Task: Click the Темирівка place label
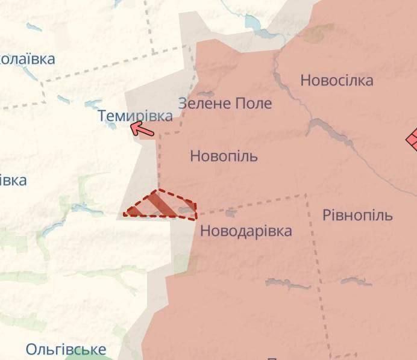[135, 116]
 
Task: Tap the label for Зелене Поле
[225, 103]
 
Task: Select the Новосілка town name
[336, 80]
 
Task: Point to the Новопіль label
[224, 157]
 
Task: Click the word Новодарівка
[246, 230]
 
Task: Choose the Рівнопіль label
[357, 215]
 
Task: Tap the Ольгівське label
[66, 349]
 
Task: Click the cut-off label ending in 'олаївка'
[27, 59]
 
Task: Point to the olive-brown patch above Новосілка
[318, 33]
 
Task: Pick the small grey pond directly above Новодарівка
[230, 213]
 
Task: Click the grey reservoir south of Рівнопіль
[356, 281]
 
